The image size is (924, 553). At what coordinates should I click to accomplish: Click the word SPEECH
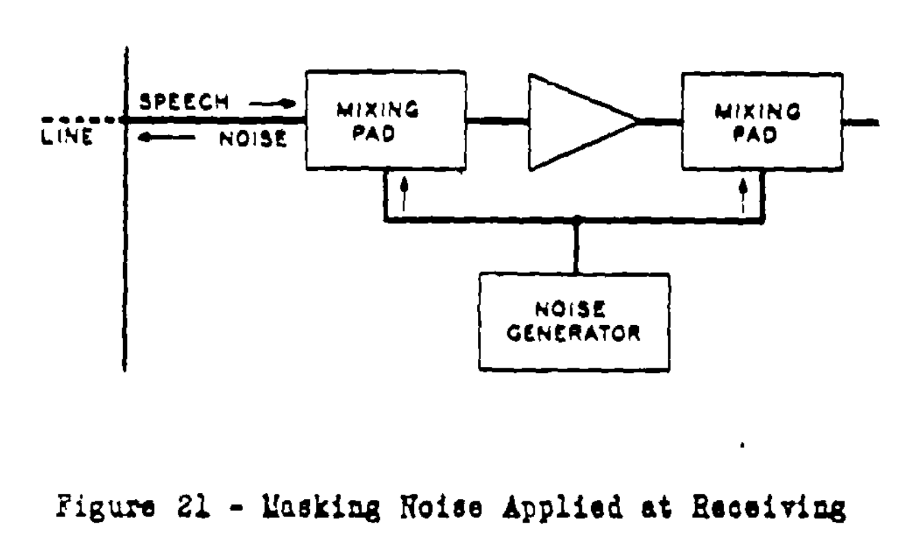click(x=183, y=102)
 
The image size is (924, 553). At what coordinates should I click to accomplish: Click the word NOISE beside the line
click(x=253, y=139)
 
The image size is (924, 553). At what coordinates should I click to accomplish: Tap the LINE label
click(x=67, y=137)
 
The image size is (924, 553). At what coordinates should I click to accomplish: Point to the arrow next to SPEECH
click(x=269, y=103)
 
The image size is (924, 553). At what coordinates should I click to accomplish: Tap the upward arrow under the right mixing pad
click(x=743, y=194)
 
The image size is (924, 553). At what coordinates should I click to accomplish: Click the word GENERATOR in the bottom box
click(x=573, y=333)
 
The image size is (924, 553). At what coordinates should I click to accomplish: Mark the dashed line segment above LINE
click(x=82, y=119)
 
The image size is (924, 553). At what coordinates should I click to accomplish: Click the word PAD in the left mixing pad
click(x=374, y=134)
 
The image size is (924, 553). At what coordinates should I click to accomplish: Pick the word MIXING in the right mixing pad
click(x=758, y=112)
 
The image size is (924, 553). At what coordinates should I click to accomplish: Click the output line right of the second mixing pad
click(x=861, y=123)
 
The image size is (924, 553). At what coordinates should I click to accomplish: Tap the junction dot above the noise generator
click(x=575, y=220)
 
